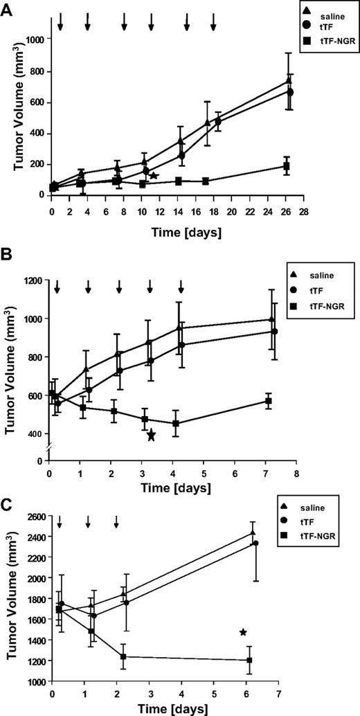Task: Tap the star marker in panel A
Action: coord(154,176)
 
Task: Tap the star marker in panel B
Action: coord(151,435)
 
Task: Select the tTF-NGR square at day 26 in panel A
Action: coord(285,166)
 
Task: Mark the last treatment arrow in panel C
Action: coord(116,521)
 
